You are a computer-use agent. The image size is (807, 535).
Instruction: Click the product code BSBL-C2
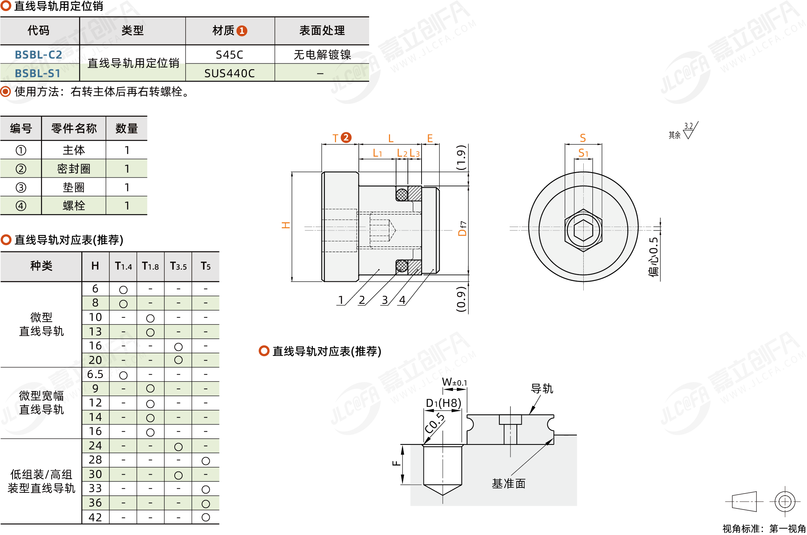(x=38, y=55)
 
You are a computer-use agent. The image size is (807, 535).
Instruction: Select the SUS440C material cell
(x=229, y=73)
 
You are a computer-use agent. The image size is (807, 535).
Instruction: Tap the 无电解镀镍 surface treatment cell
(x=322, y=55)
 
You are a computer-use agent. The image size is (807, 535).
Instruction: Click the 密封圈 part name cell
(x=74, y=168)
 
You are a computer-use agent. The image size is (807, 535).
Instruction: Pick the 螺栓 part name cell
(x=74, y=206)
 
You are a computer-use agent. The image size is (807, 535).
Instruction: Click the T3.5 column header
(x=178, y=266)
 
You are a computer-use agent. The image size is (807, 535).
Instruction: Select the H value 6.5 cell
(x=95, y=375)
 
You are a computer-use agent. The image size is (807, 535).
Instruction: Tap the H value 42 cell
(x=95, y=517)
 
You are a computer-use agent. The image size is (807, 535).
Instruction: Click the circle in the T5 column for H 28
(x=206, y=461)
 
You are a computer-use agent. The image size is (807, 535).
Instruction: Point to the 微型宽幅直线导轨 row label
(x=41, y=403)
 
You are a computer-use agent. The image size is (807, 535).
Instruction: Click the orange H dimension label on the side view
(x=286, y=225)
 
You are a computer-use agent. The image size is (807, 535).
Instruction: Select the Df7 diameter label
(x=462, y=229)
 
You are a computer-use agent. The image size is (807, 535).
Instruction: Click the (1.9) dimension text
(x=461, y=157)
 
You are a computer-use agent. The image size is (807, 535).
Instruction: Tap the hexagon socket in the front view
(x=583, y=230)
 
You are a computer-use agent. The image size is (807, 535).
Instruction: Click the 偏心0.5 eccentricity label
(x=653, y=257)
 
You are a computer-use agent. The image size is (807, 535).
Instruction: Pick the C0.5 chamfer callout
(x=434, y=423)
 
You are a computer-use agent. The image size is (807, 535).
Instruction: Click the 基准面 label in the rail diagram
(x=509, y=484)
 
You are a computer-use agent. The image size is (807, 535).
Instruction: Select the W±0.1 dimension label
(x=454, y=382)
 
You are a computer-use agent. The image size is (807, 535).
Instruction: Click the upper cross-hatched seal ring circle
(x=402, y=194)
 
